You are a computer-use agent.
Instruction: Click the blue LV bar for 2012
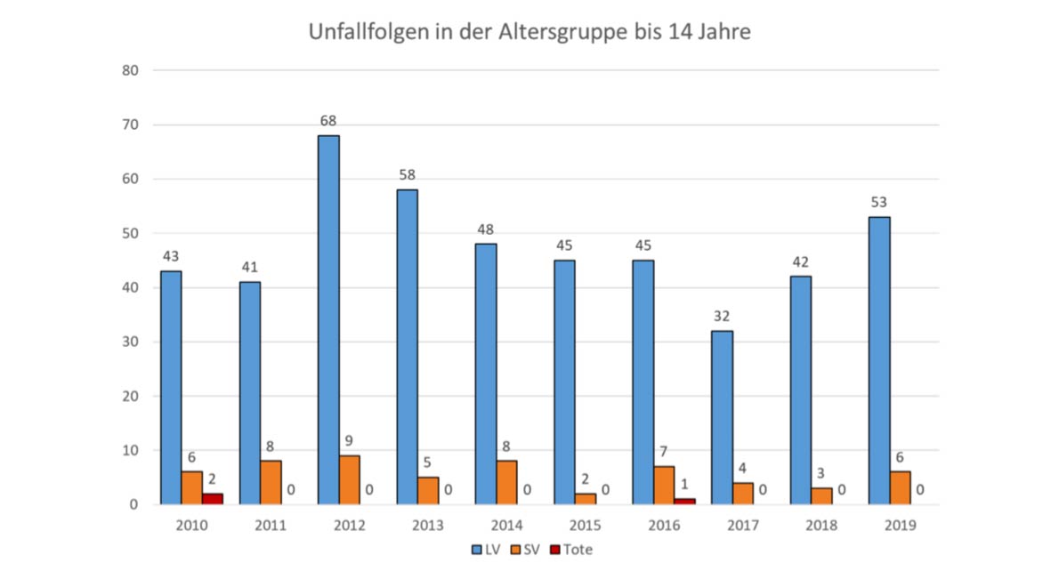(x=328, y=320)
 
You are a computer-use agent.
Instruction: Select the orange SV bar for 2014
(x=506, y=482)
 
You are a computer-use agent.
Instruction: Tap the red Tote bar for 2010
(x=212, y=499)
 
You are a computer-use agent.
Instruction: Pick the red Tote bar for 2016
(x=684, y=502)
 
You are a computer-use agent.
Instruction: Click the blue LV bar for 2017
(x=722, y=418)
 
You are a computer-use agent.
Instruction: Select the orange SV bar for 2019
(x=900, y=488)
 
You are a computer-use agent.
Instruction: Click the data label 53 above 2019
(x=878, y=202)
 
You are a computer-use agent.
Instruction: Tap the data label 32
(x=722, y=316)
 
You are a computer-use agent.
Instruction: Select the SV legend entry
(x=526, y=550)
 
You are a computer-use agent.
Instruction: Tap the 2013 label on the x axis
(x=427, y=526)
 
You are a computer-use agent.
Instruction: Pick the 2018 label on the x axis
(x=821, y=526)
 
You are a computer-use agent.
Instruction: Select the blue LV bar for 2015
(x=564, y=382)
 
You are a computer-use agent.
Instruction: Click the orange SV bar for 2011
(x=271, y=482)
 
